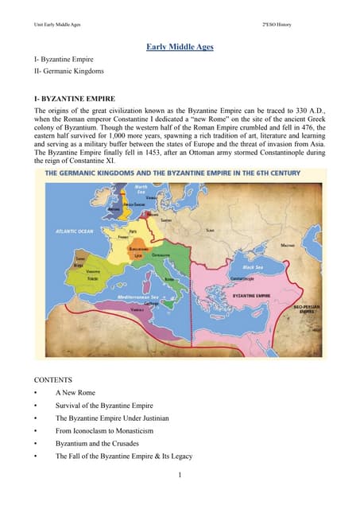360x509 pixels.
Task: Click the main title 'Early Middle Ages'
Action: click(180, 48)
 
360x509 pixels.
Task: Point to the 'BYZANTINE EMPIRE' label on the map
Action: click(261, 294)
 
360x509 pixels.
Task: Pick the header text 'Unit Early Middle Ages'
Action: click(56, 25)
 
